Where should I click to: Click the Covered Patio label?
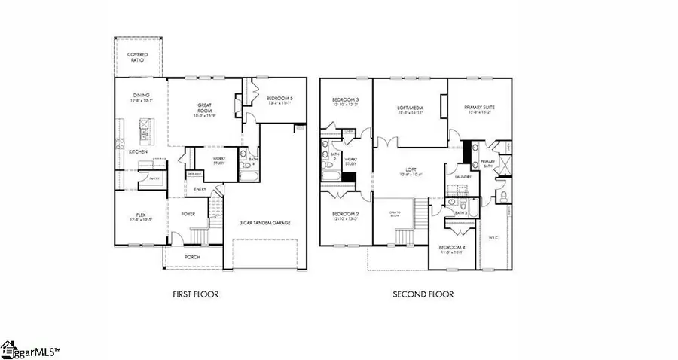click(x=136, y=57)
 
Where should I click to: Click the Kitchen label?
click(x=137, y=152)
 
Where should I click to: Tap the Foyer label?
click(x=188, y=214)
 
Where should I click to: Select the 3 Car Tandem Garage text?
click(x=265, y=224)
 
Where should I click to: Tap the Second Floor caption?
click(x=423, y=294)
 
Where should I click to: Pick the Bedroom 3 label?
click(x=347, y=100)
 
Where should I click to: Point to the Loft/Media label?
click(x=411, y=108)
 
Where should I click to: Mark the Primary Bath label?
click(x=487, y=163)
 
